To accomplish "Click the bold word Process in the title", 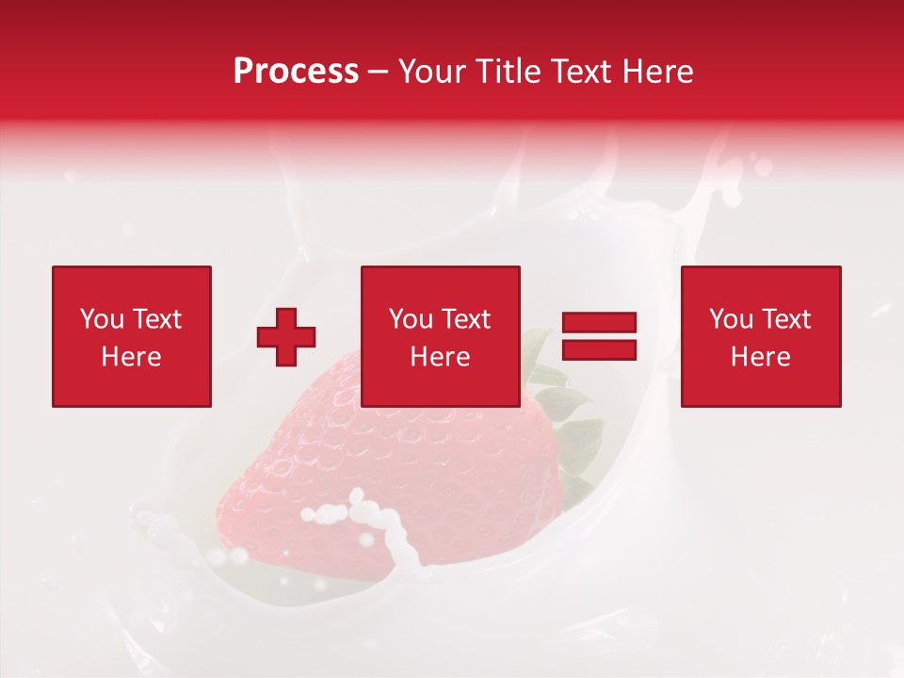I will pyautogui.click(x=296, y=72).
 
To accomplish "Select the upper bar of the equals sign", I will pyautogui.click(x=599, y=322).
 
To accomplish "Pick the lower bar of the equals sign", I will pyautogui.click(x=599, y=349).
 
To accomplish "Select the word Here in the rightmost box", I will pyautogui.click(x=760, y=357).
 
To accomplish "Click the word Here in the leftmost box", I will pyautogui.click(x=131, y=357).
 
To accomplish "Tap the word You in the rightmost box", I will pyautogui.click(x=731, y=319).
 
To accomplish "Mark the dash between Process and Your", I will pyautogui.click(x=379, y=73).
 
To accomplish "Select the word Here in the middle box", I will pyautogui.click(x=440, y=357).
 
